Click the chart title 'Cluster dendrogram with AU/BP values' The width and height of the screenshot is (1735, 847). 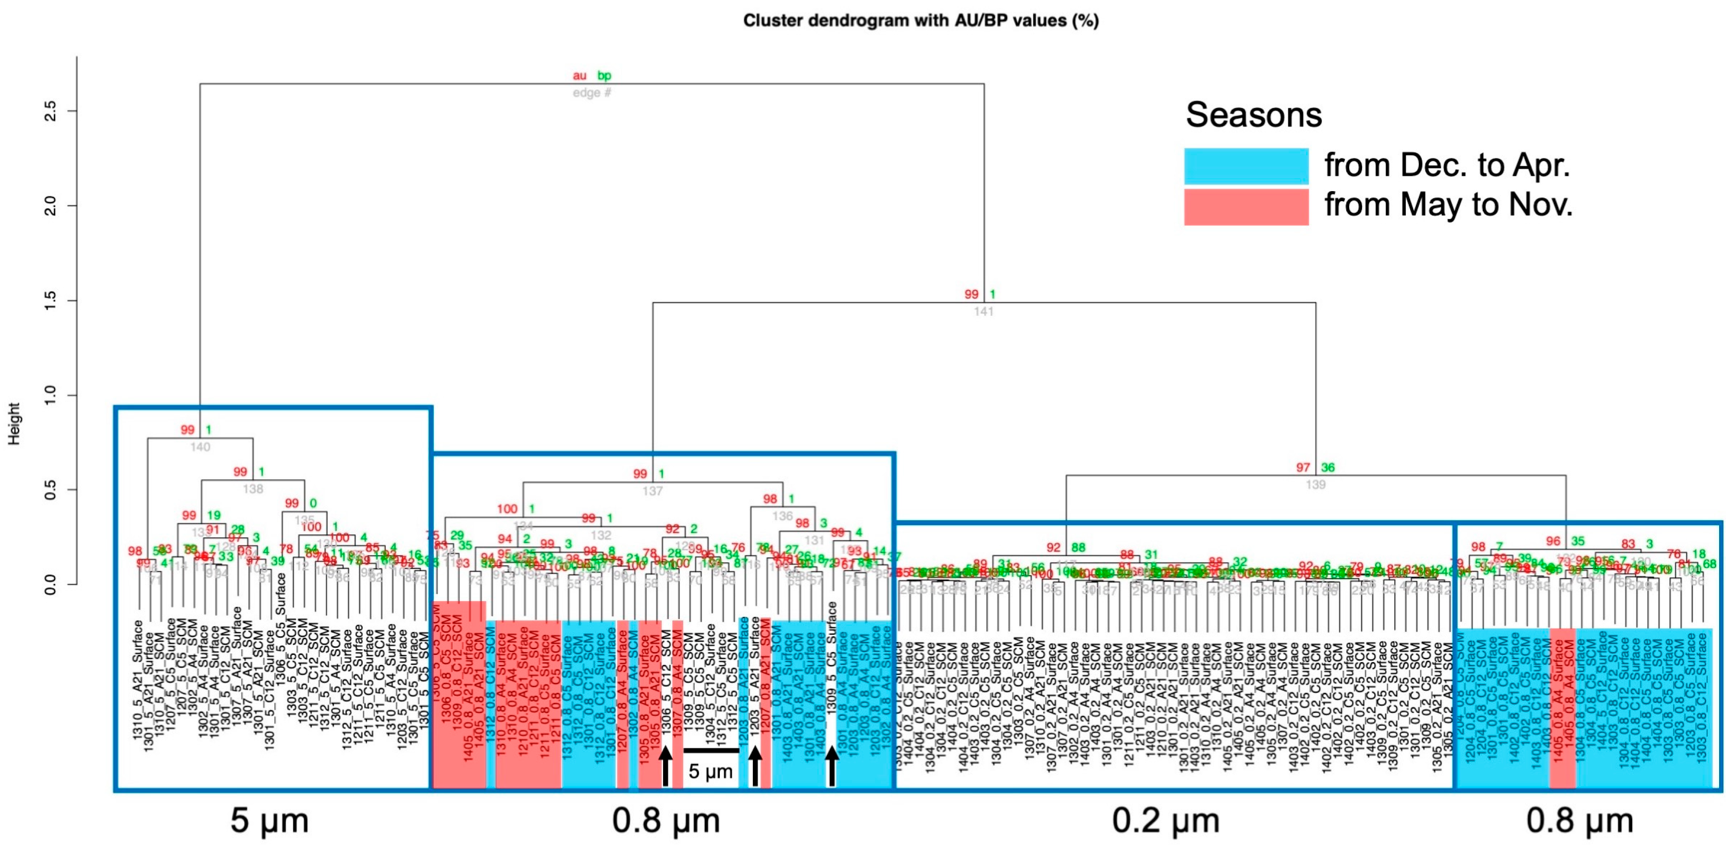920,21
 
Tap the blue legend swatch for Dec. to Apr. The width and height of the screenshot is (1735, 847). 1245,166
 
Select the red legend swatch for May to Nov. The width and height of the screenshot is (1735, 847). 1245,206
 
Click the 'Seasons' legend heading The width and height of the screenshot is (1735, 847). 1254,115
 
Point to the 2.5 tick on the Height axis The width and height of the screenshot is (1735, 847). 50,111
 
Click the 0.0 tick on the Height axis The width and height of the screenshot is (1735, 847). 50,584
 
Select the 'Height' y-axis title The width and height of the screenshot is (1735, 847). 14,423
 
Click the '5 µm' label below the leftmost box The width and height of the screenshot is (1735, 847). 270,821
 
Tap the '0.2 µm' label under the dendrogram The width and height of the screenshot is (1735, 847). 1165,821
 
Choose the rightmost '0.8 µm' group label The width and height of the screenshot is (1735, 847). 1579,821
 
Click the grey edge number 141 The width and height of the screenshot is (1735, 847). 984,312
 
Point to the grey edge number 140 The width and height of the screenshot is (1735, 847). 200,447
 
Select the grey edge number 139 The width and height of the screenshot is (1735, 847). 1316,485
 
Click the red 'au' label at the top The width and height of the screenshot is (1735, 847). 579,76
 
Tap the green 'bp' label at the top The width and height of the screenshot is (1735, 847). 604,76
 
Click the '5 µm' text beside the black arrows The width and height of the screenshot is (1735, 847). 710,772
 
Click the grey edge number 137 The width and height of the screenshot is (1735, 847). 652,492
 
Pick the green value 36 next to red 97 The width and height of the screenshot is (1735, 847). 1328,467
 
